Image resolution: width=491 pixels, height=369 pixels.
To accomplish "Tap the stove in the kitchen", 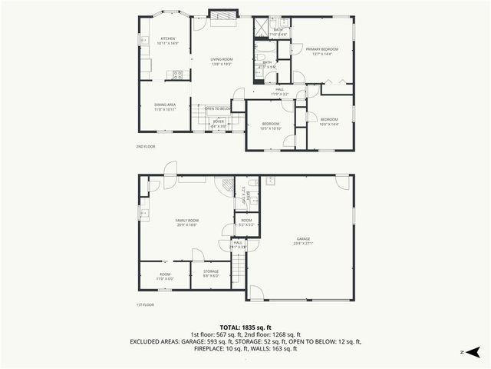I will pyautogui.click(x=177, y=75).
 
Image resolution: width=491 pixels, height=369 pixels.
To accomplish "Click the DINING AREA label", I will pyautogui.click(x=165, y=107).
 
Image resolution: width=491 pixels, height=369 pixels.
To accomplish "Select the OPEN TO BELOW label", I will pyautogui.click(x=219, y=108).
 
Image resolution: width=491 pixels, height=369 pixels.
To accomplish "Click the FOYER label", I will pyautogui.click(x=219, y=121).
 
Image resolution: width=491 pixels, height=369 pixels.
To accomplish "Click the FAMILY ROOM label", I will pyautogui.click(x=188, y=222).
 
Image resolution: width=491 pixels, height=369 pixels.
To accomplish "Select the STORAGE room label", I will pyautogui.click(x=211, y=272).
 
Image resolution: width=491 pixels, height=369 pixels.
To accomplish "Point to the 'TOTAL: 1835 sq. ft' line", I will pyautogui.click(x=245, y=327).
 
